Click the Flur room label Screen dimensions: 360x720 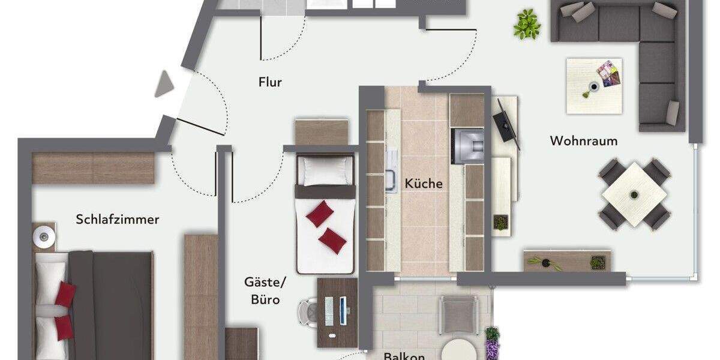click(270, 82)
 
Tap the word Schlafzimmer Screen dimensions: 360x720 click(118, 220)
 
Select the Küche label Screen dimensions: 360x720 click(424, 184)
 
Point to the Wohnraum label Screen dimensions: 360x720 click(584, 141)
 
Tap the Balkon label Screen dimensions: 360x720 click(404, 356)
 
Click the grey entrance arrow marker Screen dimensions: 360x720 click(164, 85)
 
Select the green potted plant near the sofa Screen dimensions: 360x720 click(527, 25)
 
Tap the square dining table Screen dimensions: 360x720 click(635, 194)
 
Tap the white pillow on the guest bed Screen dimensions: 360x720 click(325, 171)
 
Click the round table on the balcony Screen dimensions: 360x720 click(460, 350)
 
